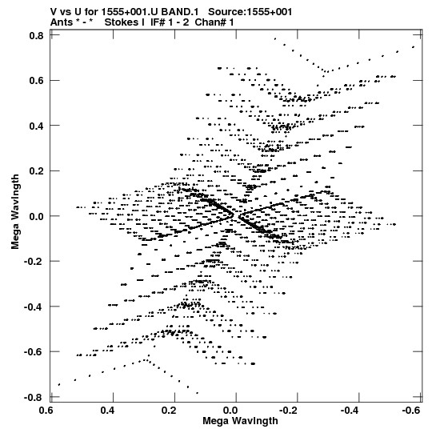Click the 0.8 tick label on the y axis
point(37,36)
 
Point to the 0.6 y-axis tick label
point(37,81)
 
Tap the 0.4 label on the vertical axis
point(37,126)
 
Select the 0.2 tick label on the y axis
point(37,171)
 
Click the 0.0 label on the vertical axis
point(37,216)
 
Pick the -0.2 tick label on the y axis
point(34,261)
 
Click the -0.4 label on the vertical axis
point(34,307)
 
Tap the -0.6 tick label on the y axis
point(34,351)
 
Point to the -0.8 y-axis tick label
point(34,397)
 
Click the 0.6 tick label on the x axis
point(46,410)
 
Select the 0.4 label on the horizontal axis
point(107,410)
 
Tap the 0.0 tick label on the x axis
point(230,410)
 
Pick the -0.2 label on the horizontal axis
point(290,410)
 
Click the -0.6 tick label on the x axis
point(410,410)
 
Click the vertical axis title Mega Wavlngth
point(15,212)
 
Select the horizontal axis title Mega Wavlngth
point(240,421)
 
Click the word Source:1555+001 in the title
point(250,12)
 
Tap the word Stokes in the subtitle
point(122,22)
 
